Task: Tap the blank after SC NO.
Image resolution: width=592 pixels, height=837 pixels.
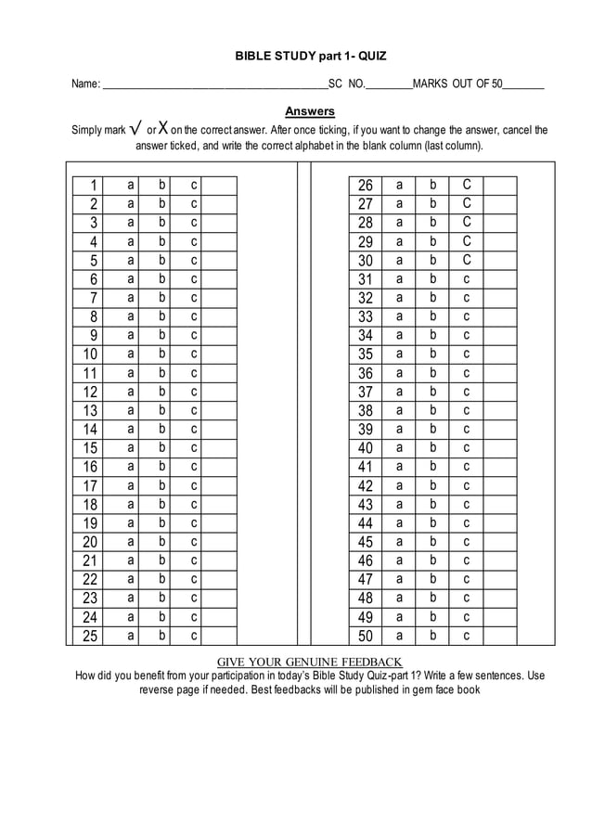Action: pos(389,85)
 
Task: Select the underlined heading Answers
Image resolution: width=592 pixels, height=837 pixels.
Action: pos(309,111)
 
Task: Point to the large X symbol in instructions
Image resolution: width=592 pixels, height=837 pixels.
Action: pos(162,128)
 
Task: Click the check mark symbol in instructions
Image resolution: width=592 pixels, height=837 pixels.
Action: pos(135,128)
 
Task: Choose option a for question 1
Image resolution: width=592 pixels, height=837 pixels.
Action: pos(131,185)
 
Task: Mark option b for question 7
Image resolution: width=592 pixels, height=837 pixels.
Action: pos(162,297)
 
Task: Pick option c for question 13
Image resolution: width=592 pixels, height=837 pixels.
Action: pos(194,410)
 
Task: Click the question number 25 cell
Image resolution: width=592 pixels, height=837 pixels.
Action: pos(90,636)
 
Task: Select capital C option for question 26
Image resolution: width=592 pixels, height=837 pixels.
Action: pos(467,185)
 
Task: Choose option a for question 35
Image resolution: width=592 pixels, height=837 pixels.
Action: pos(400,354)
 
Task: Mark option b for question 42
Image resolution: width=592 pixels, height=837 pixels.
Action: pos(432,485)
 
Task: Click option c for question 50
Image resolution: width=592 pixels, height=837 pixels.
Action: pos(467,636)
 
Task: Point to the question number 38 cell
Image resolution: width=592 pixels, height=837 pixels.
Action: pos(366,410)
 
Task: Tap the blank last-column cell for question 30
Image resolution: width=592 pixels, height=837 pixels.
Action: pos(499,260)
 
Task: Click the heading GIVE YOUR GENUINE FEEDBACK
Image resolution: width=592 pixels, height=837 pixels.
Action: pos(309,662)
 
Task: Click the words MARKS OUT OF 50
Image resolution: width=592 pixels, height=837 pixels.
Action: pos(457,84)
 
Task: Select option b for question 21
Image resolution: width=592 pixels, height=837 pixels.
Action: pos(162,560)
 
